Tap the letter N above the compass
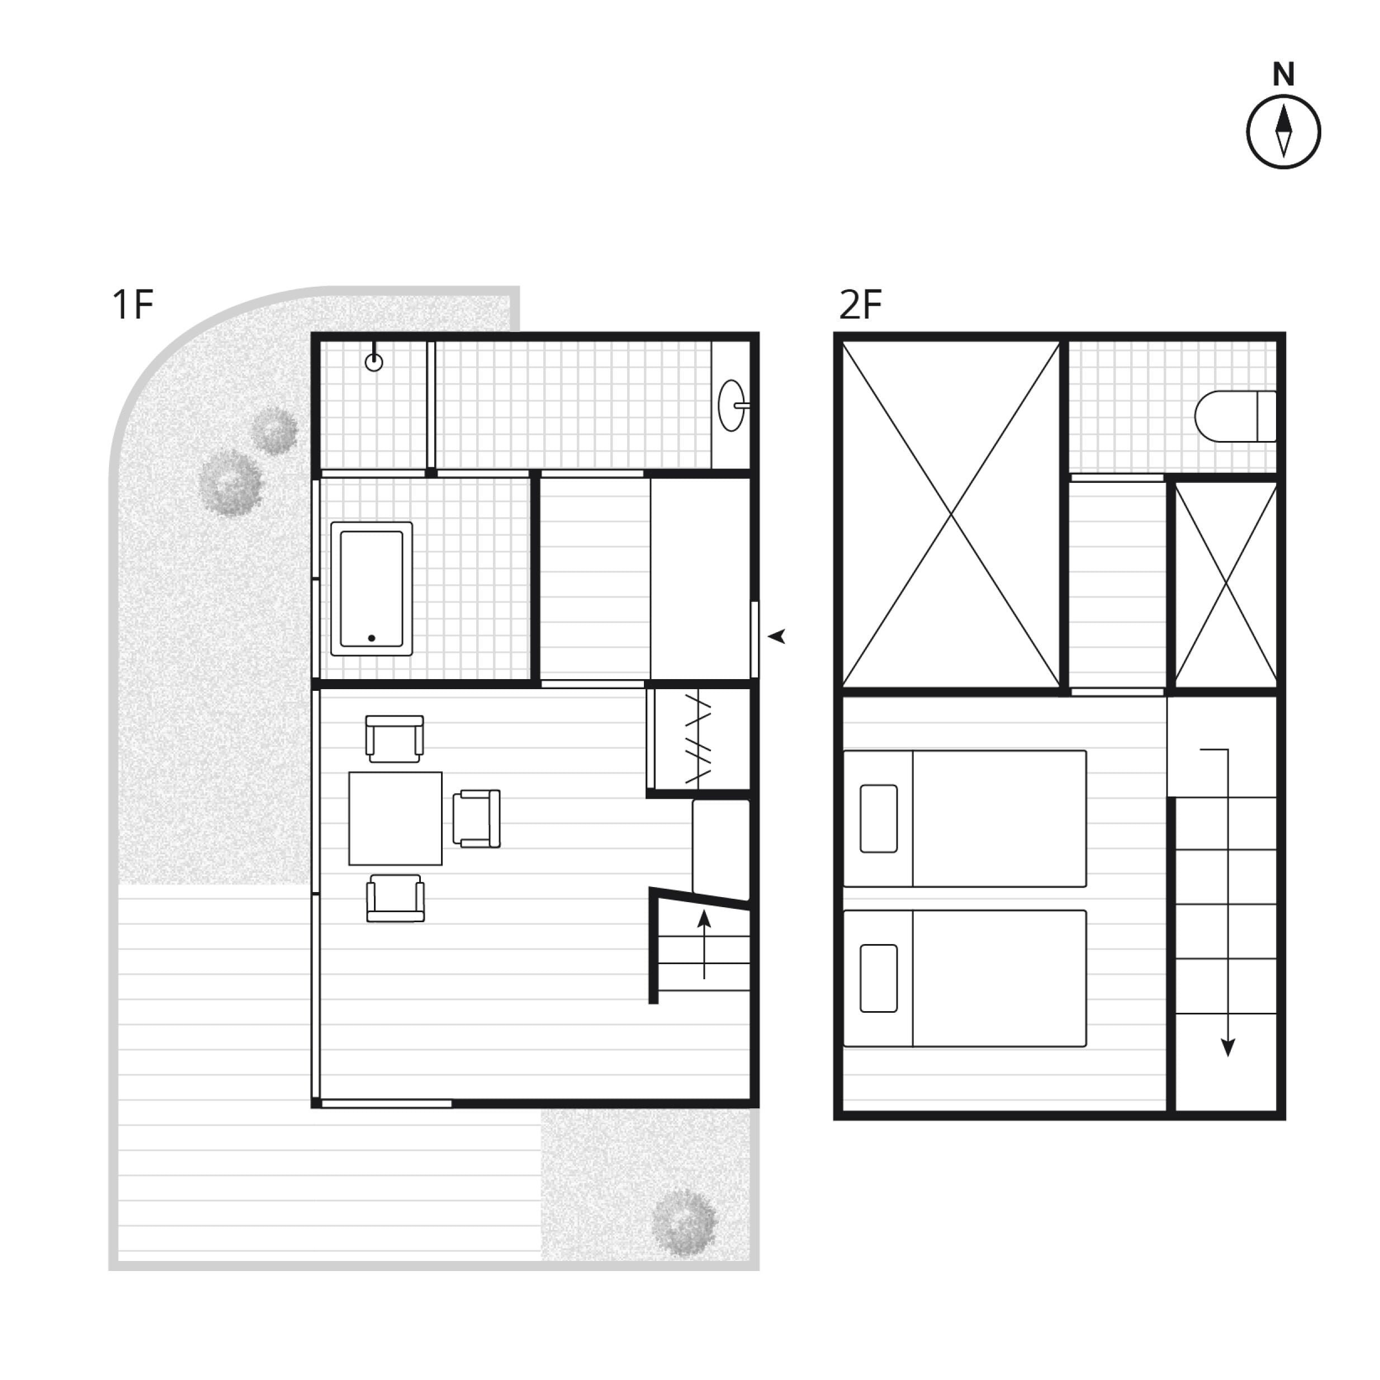coord(1283,75)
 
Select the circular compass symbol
coord(1283,132)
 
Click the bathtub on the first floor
coord(372,589)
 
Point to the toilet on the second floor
coord(1235,416)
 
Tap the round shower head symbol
coord(373,362)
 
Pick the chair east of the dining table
coord(476,819)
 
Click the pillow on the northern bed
coord(879,819)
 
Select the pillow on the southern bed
coord(879,979)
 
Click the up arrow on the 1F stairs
coord(704,944)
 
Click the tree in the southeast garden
coord(684,1222)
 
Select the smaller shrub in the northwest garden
coord(274,431)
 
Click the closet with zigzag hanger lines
coord(699,741)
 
